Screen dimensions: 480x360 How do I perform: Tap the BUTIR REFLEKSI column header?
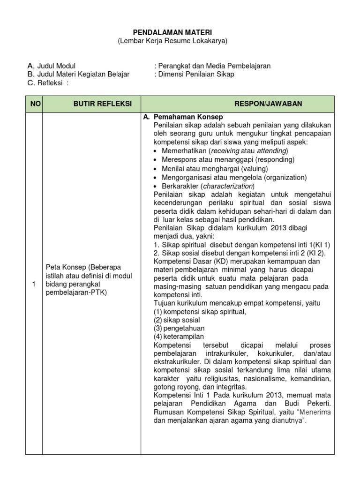click(x=91, y=104)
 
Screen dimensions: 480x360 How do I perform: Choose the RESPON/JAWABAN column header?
click(x=238, y=104)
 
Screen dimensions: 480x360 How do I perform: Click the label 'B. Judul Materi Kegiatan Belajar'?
click(x=78, y=75)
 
